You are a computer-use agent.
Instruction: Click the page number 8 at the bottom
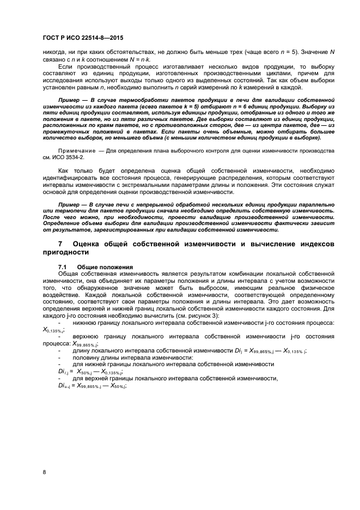tap(44, 472)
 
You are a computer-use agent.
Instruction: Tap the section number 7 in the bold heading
tap(60, 245)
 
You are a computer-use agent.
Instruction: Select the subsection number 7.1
tap(63, 266)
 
